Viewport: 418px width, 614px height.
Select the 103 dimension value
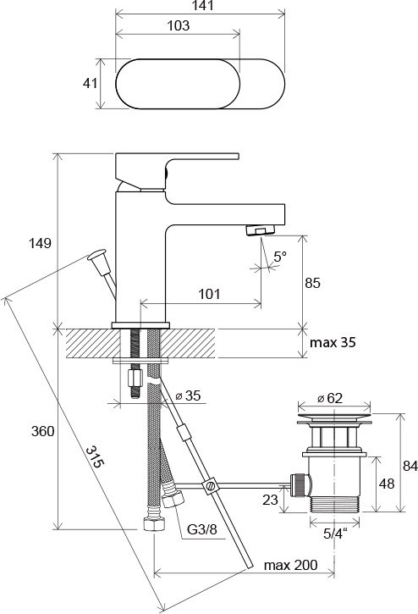(x=179, y=25)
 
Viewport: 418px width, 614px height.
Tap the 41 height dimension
(x=90, y=83)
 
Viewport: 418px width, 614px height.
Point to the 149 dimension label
(x=40, y=243)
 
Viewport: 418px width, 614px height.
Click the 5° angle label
(x=280, y=257)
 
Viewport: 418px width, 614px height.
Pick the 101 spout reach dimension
(x=209, y=294)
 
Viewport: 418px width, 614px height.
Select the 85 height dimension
(x=313, y=283)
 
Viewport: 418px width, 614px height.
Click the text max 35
(x=333, y=343)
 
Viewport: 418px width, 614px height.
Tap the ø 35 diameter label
(x=188, y=396)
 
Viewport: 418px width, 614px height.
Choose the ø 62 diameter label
(x=330, y=398)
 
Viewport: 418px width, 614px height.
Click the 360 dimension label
(x=42, y=432)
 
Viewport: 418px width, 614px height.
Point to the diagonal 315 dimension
(x=95, y=456)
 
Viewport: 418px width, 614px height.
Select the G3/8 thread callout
(x=202, y=529)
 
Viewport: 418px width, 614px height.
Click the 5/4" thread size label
(x=335, y=534)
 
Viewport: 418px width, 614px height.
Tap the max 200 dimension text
(x=291, y=565)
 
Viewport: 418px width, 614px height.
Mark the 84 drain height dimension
(x=410, y=466)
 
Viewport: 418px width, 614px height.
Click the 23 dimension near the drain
(x=270, y=500)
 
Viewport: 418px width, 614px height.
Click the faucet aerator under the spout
(x=261, y=230)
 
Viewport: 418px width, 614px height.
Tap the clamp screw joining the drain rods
(x=210, y=486)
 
